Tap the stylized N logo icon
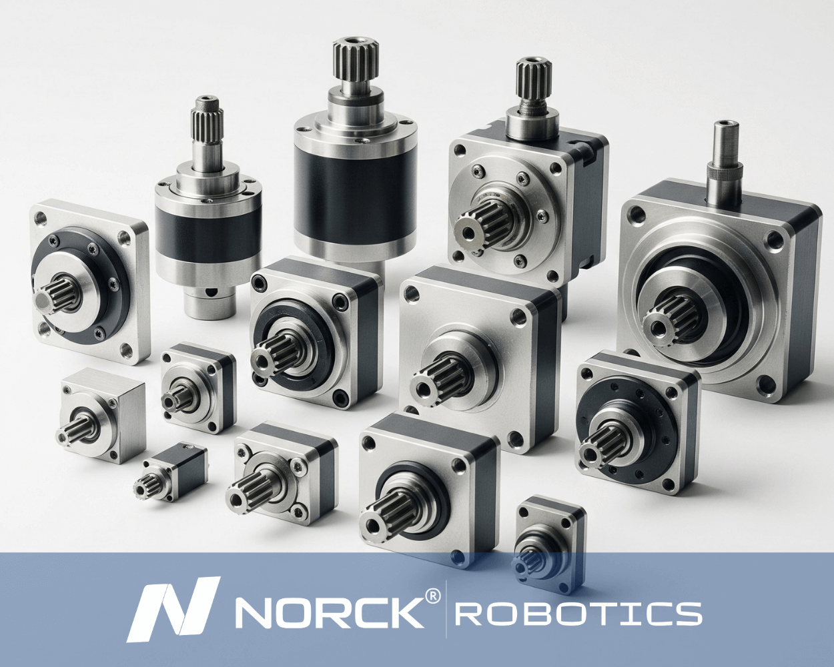click(x=173, y=610)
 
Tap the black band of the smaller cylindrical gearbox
click(x=207, y=233)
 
